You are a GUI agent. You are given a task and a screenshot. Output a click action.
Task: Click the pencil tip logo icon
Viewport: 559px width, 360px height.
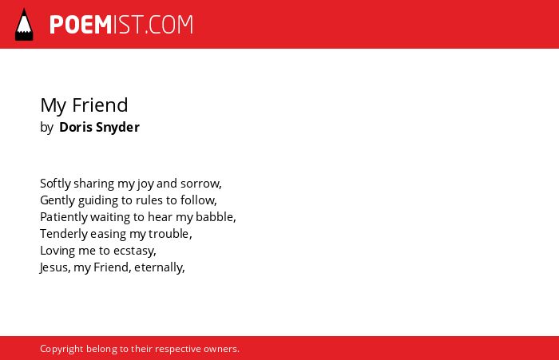click(x=24, y=25)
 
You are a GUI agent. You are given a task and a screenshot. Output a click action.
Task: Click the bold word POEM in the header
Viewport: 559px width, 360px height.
click(x=81, y=25)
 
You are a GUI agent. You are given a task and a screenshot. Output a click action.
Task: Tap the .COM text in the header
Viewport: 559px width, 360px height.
click(x=169, y=25)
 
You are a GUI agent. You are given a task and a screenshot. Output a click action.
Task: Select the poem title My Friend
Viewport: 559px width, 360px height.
click(x=84, y=105)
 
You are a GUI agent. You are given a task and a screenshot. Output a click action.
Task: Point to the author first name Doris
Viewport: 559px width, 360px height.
click(x=76, y=127)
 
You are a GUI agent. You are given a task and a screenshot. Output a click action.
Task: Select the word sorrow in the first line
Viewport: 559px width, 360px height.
click(x=200, y=184)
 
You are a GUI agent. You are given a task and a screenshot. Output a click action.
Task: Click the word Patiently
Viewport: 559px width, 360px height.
click(x=63, y=217)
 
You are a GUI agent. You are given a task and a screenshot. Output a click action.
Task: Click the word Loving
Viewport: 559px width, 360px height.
click(x=57, y=251)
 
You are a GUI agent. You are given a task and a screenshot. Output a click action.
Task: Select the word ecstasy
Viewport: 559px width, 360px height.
click(x=133, y=251)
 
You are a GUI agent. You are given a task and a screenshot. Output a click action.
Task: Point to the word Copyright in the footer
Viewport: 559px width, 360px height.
click(x=61, y=349)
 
